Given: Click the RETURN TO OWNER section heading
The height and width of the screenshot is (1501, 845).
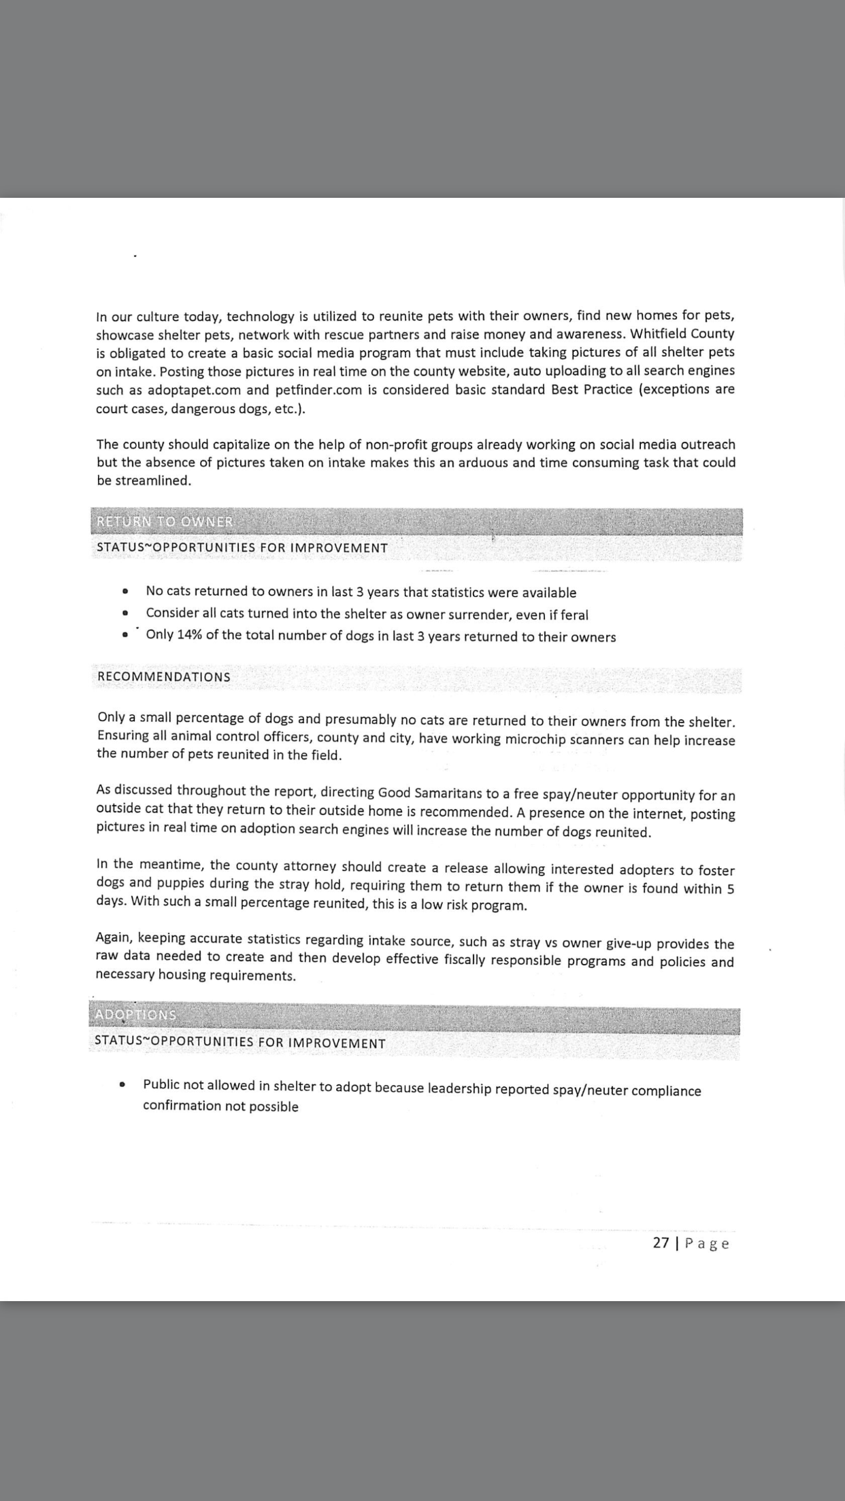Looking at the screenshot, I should click(165, 522).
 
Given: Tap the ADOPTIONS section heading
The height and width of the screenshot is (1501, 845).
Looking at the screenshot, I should click(135, 1015).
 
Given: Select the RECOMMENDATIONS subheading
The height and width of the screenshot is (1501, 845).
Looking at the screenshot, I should click(164, 677).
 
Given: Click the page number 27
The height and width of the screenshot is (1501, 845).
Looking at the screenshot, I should click(661, 1243).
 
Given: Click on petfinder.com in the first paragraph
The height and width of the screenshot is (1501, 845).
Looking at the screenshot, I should click(318, 390).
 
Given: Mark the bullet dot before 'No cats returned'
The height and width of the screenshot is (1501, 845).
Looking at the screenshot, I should click(125, 591).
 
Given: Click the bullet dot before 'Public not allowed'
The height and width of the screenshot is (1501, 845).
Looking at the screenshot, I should click(122, 1085).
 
